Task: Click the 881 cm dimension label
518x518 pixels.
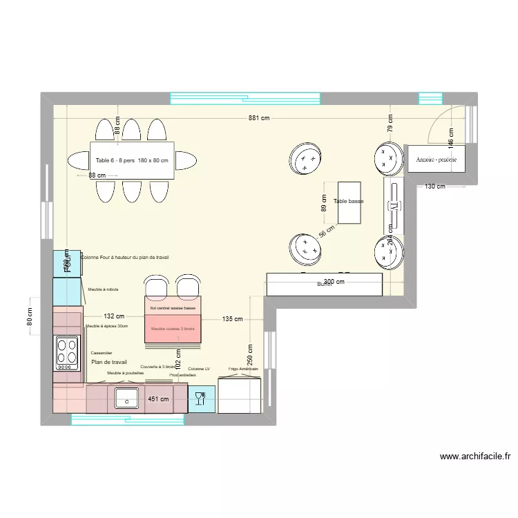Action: (x=259, y=118)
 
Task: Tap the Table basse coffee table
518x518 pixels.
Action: (x=348, y=202)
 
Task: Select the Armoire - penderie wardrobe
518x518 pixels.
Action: (x=437, y=160)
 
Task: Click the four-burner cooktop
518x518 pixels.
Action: (x=67, y=351)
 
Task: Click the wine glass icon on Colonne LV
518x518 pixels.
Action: (x=201, y=399)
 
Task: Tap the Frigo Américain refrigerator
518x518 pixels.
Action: (x=239, y=396)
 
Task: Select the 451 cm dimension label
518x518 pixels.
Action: (x=158, y=399)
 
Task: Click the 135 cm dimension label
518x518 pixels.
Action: (x=232, y=319)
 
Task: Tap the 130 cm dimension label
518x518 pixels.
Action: (x=435, y=186)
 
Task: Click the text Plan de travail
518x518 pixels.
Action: (x=109, y=362)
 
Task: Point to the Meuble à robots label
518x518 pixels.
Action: (x=103, y=289)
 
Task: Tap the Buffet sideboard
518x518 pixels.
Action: (x=325, y=285)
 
